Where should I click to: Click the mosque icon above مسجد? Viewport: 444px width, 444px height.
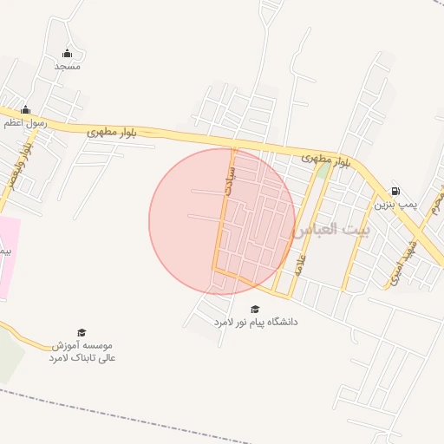click(x=69, y=53)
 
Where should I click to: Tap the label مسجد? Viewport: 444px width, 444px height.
click(x=68, y=66)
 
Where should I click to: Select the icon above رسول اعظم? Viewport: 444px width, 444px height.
click(x=26, y=110)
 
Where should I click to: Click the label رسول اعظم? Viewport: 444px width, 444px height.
click(x=22, y=124)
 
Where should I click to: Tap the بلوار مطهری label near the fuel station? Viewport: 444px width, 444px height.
click(x=326, y=160)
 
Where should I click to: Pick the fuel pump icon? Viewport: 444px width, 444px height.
click(x=396, y=192)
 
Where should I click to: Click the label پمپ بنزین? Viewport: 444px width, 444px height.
click(x=396, y=206)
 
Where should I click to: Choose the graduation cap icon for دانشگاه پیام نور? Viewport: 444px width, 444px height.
click(x=255, y=309)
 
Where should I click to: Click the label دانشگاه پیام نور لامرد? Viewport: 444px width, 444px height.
click(x=256, y=322)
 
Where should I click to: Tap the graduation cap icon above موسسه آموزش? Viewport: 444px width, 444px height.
click(x=82, y=333)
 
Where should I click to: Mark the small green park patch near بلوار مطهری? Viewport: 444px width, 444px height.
click(x=323, y=171)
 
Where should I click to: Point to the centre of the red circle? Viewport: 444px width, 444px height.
click(x=222, y=221)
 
